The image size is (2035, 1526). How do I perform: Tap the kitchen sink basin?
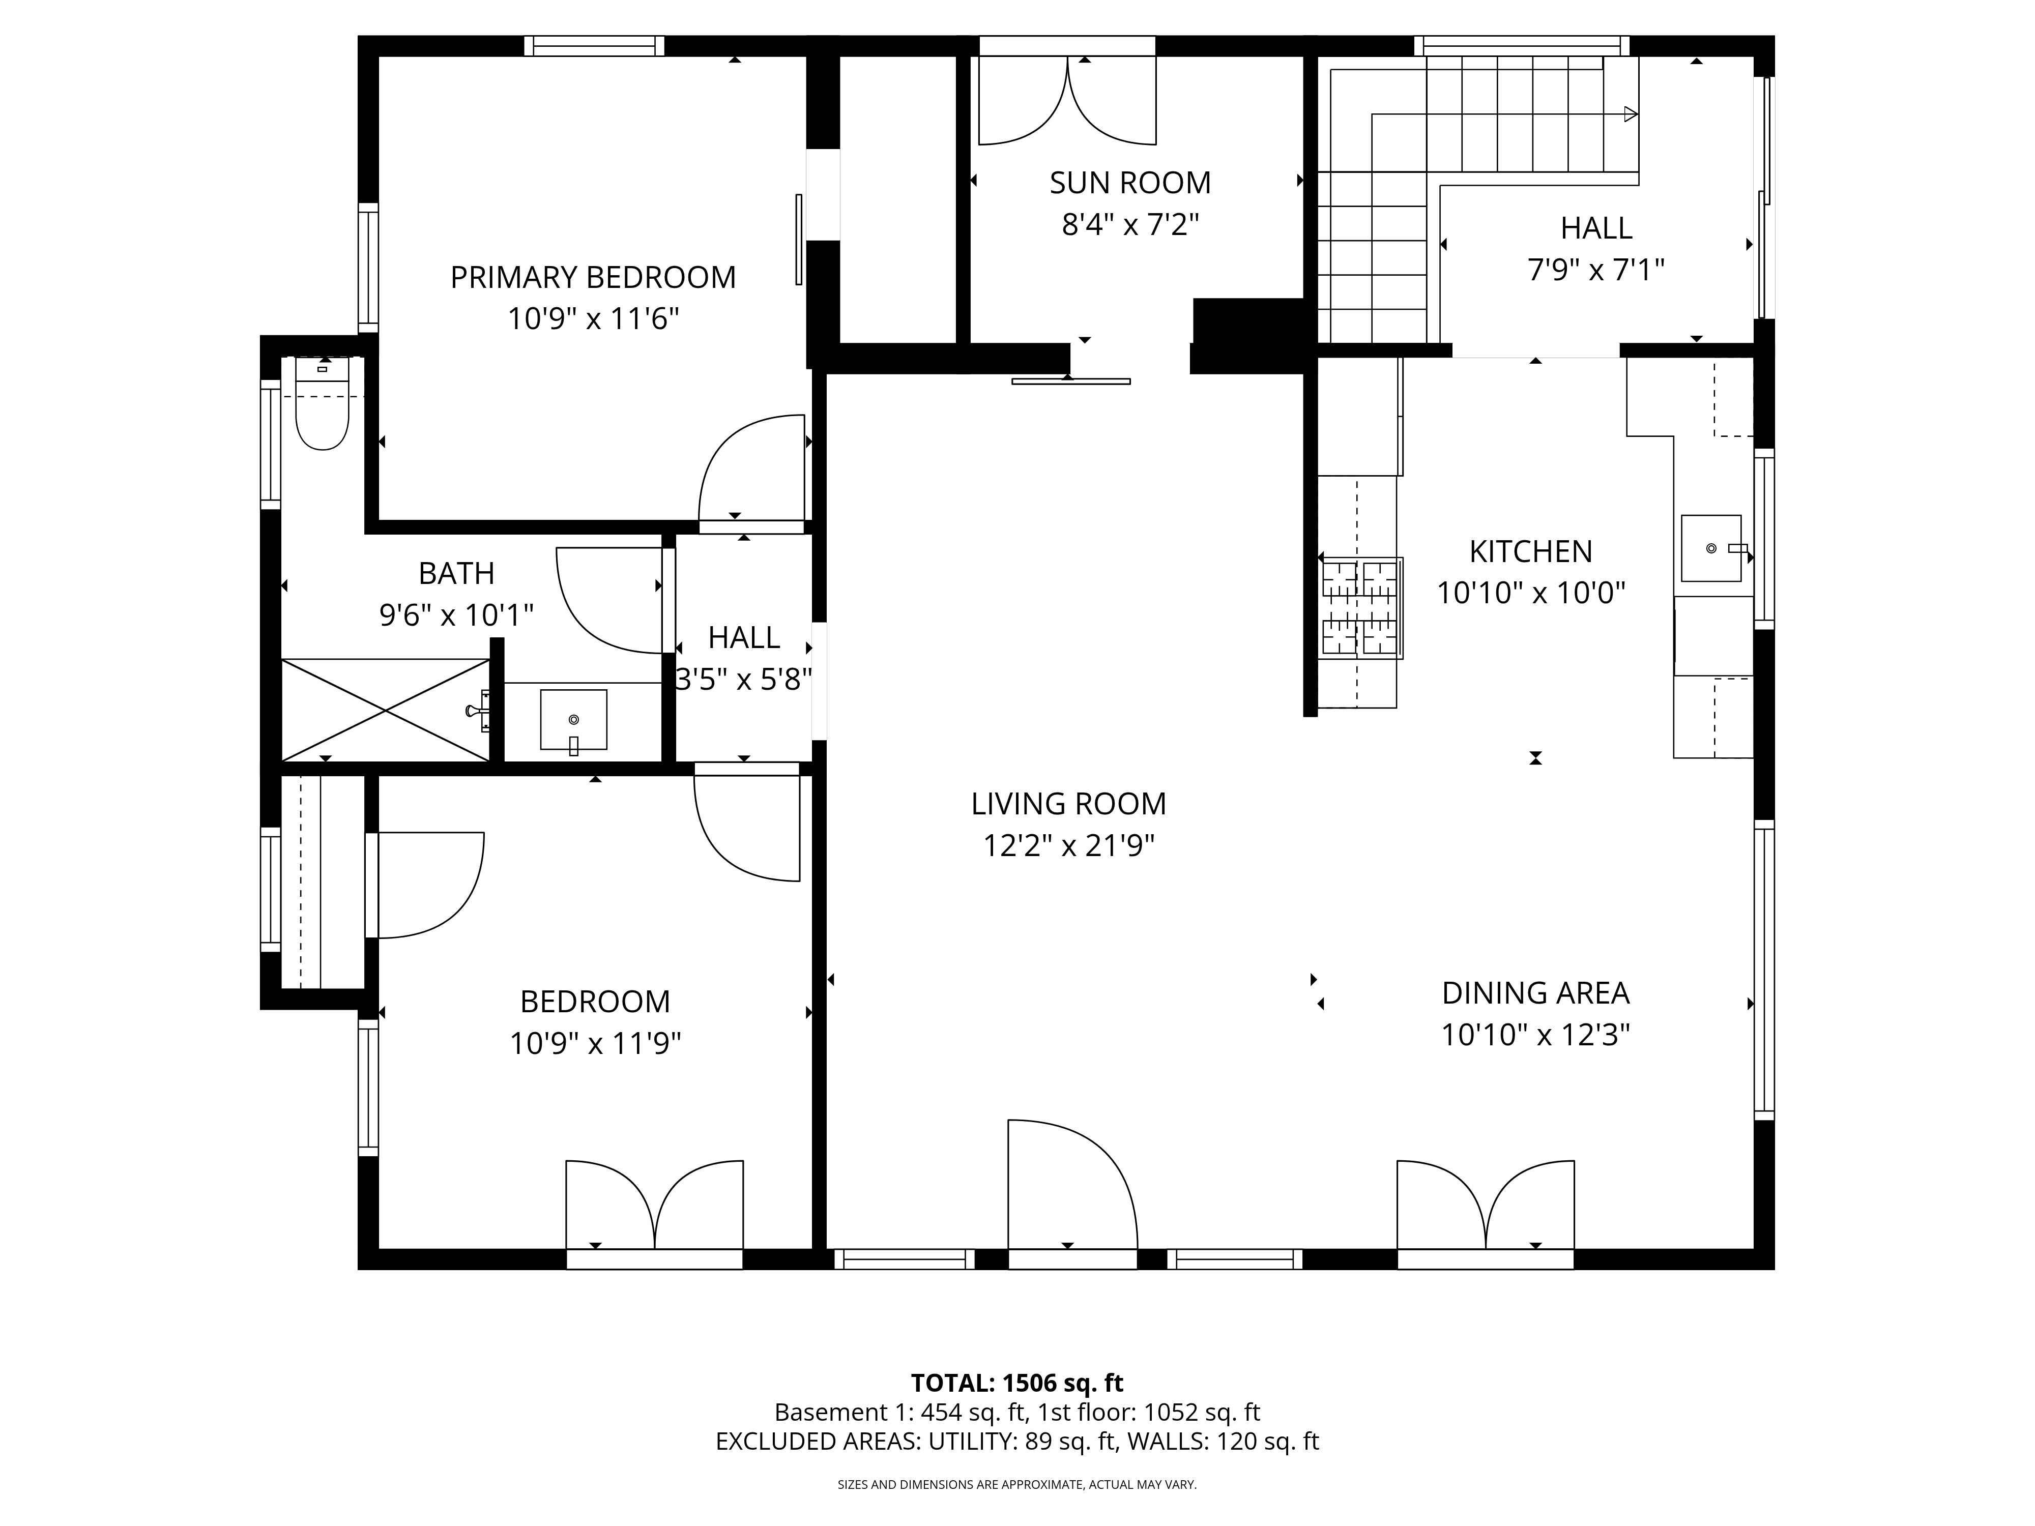(x=1710, y=548)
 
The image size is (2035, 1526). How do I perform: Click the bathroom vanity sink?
(x=573, y=719)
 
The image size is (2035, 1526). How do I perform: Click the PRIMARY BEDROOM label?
(x=593, y=277)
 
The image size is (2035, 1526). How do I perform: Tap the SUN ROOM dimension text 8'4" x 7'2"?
(x=1130, y=224)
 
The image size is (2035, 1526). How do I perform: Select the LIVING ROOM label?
(x=1068, y=804)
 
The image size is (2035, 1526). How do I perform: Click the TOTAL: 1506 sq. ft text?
(x=1016, y=1383)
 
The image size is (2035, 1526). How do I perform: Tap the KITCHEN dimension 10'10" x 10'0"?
(x=1531, y=593)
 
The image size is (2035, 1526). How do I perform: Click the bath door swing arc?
(x=607, y=600)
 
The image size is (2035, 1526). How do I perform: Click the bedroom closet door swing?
(x=428, y=885)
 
